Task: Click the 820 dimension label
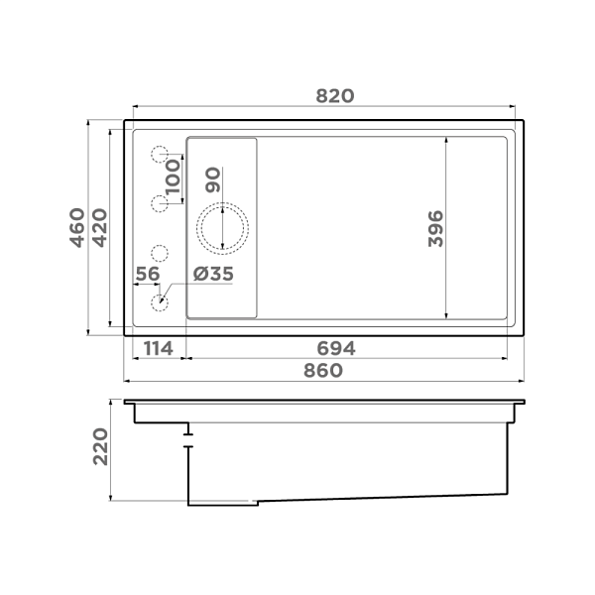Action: pos(335,96)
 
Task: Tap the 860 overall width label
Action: pos(323,370)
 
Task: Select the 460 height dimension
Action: pos(77,228)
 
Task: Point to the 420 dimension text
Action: pos(100,228)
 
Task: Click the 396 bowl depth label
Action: pos(435,229)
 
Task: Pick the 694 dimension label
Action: pos(336,349)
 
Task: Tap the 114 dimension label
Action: pos(159,349)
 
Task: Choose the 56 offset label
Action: pos(148,274)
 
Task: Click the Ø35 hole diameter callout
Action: pos(213,274)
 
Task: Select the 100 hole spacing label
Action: pos(173,177)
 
